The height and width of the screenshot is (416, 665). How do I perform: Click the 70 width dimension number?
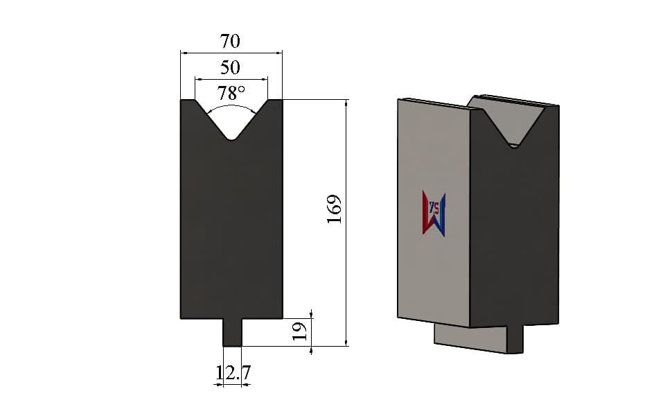pos(230,41)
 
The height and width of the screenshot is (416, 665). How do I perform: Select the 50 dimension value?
pos(230,67)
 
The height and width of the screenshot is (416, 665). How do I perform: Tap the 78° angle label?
pos(231,93)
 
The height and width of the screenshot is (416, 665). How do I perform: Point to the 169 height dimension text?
pos(334,209)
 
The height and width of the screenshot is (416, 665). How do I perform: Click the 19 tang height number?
pos(299,331)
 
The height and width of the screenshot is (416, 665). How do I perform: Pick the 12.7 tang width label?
pos(233,373)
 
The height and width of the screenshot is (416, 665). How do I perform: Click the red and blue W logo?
pos(434,214)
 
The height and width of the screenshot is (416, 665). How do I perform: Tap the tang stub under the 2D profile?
pos(233,332)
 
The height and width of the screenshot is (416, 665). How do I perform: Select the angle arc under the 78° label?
pos(231,107)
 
